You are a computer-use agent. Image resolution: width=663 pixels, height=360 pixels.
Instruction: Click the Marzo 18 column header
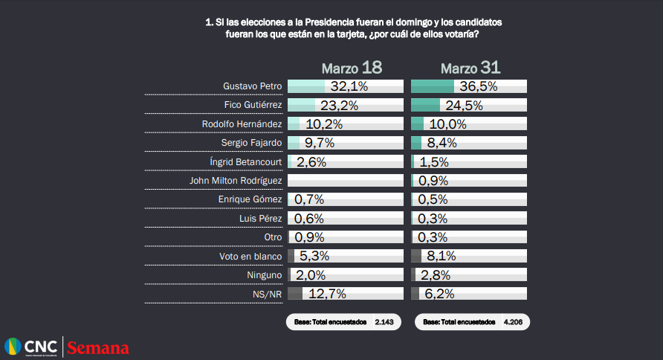click(352, 68)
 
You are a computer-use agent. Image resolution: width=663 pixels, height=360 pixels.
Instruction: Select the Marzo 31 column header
click(470, 68)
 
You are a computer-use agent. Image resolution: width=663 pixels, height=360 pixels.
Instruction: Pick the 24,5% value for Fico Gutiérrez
click(463, 106)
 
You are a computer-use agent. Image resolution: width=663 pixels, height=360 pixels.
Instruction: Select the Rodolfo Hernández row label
click(242, 124)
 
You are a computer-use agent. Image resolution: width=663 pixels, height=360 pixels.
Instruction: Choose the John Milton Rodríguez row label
click(236, 181)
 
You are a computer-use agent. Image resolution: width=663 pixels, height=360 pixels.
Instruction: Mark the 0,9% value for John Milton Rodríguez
click(433, 181)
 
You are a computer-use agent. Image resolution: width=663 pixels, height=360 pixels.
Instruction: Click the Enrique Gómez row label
click(250, 199)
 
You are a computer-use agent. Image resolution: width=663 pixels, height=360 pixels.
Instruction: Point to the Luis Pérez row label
click(261, 218)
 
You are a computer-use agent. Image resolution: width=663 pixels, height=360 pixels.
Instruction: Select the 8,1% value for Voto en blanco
click(438, 256)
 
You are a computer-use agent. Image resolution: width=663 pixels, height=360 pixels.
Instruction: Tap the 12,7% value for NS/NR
click(327, 294)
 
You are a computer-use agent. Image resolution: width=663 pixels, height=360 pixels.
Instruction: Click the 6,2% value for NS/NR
click(438, 294)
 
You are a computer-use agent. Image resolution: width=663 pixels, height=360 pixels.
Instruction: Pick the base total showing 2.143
click(343, 323)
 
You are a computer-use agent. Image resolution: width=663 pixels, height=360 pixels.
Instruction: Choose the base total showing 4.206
click(470, 323)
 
